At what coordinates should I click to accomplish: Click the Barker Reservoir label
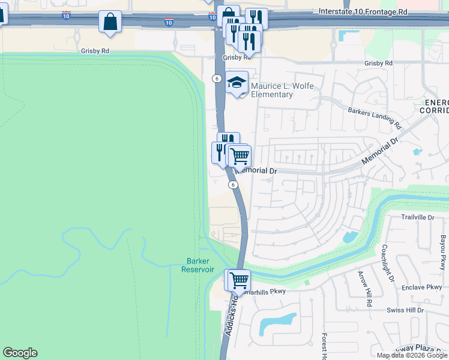197,265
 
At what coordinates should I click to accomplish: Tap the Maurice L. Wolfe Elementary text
272,90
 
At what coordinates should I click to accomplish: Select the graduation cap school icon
237,83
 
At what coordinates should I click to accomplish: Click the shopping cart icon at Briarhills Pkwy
238,280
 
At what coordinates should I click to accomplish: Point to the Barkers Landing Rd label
374,118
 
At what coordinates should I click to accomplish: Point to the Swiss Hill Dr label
405,310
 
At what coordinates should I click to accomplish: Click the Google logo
20,353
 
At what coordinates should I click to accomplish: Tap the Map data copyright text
411,355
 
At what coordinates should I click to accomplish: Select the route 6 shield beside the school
215,78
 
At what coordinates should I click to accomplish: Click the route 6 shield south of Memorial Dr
232,185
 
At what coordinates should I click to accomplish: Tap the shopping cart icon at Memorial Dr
240,155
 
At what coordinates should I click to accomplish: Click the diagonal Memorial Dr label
380,154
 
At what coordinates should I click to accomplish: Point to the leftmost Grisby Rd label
95,52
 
